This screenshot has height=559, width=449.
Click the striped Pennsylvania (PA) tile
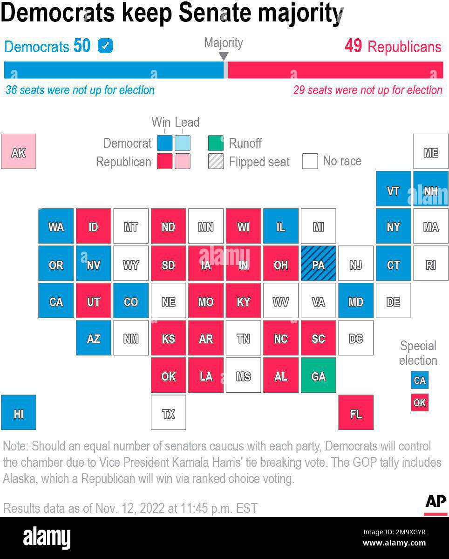click(318, 264)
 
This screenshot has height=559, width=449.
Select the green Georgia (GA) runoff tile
click(318, 375)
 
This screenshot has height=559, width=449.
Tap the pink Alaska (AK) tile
click(19, 152)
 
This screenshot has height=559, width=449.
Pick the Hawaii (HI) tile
click(19, 413)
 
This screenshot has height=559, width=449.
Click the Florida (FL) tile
click(356, 413)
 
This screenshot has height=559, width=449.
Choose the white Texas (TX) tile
click(168, 413)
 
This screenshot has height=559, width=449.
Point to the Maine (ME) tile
click(431, 152)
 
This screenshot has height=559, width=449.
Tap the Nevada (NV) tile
click(93, 264)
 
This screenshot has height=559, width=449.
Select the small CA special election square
click(420, 380)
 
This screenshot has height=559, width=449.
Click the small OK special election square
click(420, 402)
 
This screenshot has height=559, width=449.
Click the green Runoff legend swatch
click(216, 143)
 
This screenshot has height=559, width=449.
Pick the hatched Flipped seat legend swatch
click(216, 161)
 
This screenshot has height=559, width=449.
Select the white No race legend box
click(310, 161)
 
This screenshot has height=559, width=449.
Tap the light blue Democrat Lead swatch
click(183, 143)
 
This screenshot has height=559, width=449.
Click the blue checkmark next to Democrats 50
click(105, 46)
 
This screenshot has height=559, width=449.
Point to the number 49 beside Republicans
click(353, 46)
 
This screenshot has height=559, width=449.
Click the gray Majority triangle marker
click(224, 56)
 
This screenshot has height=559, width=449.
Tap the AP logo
click(435, 502)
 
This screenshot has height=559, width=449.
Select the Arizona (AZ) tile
click(93, 338)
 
